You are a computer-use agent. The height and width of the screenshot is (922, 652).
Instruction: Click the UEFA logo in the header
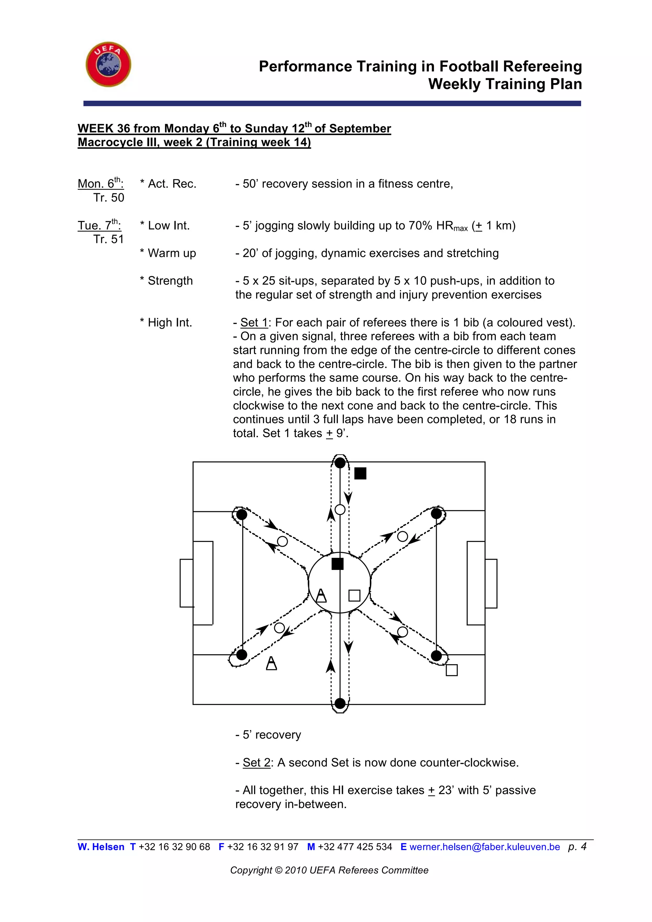[x=108, y=64]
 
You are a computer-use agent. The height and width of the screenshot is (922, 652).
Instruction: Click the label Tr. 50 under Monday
[x=109, y=198]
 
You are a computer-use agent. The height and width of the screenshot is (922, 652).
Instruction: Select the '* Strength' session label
[x=166, y=281]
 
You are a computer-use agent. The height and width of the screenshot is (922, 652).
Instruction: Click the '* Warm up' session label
[x=168, y=253]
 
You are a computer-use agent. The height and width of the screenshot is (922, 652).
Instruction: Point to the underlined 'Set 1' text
[x=254, y=323]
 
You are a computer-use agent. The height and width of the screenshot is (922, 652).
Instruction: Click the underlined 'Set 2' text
[x=257, y=762]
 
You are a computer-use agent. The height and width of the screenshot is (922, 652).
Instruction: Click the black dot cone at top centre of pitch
[x=340, y=463]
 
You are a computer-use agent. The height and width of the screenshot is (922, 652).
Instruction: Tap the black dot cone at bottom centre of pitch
[x=340, y=703]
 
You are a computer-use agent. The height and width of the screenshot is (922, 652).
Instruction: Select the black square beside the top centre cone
[x=360, y=473]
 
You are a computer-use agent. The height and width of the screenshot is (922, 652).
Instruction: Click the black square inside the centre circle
[x=338, y=564]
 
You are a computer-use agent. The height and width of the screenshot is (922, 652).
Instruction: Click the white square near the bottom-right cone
[x=452, y=670]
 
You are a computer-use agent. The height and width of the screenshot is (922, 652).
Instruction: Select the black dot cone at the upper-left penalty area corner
[x=242, y=514]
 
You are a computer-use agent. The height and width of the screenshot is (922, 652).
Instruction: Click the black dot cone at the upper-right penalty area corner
[x=436, y=514]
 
